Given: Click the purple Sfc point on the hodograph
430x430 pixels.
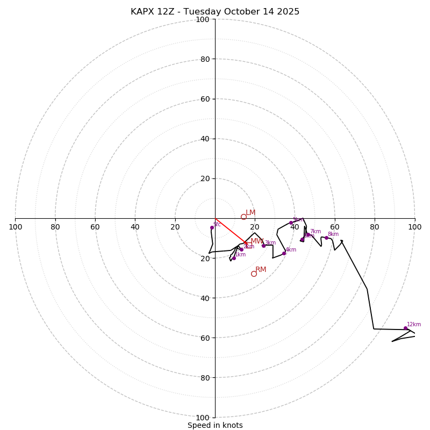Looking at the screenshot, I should point(212,227).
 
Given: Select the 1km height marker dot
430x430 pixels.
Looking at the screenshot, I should point(234,258).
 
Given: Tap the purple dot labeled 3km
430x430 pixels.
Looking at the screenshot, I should point(263,246).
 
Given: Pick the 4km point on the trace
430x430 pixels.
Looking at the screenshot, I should point(284,253).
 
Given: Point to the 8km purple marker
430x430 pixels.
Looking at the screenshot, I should point(326,238).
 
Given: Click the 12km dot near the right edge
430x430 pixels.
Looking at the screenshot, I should point(405,328).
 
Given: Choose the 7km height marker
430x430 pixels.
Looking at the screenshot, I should point(308,234).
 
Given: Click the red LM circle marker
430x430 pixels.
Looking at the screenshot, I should point(243,217).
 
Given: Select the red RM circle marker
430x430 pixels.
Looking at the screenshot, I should point(254,274).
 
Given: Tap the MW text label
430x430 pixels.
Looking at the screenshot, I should point(257,241).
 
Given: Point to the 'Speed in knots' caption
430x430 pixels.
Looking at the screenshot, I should point(215,425).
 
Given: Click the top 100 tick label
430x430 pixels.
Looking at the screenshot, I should point(203,19).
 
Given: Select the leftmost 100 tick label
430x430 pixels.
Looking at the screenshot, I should point(15,227).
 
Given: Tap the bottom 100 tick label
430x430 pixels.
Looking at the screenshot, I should point(203,418).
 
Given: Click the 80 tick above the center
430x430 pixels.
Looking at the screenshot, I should point(205,59).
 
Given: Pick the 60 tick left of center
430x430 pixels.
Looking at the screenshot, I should point(95,227).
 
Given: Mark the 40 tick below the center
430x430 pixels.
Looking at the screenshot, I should point(205,298).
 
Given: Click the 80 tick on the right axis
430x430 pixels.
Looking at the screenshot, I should point(375,227).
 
